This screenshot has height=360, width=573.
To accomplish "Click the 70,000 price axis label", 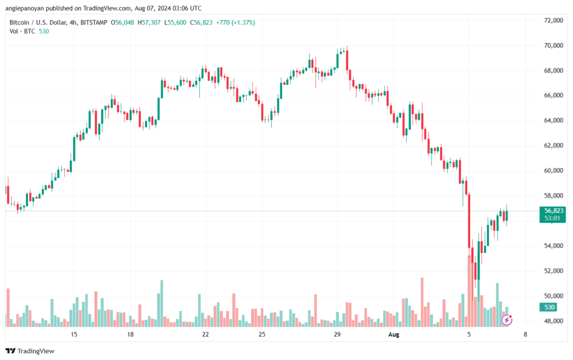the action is pos(553,45).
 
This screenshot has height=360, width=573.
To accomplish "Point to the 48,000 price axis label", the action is pos(553,321).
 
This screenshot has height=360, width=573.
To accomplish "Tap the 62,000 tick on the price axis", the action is pos(553,146).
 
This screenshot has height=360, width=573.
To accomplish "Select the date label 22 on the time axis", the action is pos(205,334).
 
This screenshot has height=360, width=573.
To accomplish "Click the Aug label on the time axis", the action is pos(393,334).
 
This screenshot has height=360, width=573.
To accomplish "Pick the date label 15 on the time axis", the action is pos(74,334).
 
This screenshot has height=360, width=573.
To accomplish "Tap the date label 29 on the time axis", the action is pos(337,334).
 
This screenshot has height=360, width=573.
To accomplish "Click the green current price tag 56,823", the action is pos(553,211).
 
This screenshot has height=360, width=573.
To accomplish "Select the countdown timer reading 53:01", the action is pos(552,218).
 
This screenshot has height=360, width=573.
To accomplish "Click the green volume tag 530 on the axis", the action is pos(549,307).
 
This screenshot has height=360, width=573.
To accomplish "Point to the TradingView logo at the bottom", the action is pos(30,351).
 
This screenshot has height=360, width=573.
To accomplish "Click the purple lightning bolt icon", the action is pos(506,320).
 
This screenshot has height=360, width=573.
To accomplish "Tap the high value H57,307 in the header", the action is pos(149,22).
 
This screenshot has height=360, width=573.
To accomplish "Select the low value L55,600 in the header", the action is pos(175,22).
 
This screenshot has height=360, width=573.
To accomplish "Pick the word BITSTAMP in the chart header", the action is pos(93,22).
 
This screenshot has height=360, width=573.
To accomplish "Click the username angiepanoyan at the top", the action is pos(25,8).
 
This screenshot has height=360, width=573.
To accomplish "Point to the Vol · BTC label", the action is pos(22,31).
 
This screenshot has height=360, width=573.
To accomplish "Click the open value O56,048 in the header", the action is pos(123,22).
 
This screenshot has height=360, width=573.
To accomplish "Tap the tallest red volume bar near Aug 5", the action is pos(469,291).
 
